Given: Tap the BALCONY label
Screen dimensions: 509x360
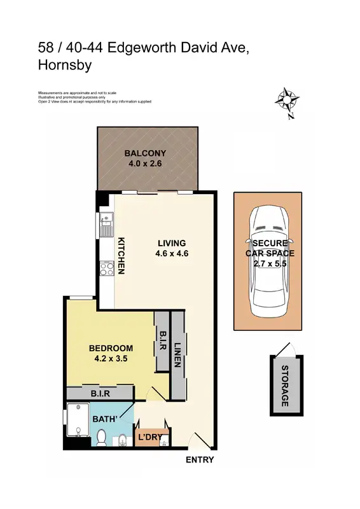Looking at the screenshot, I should coord(145,153).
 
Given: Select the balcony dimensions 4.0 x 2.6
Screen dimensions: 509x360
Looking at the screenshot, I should coord(145,164).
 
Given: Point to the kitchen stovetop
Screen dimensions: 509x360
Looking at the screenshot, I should coord(104,269).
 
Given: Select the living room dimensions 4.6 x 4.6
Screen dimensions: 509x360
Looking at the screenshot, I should coord(172,253).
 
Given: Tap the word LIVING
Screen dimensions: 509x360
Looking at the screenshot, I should coord(172,243).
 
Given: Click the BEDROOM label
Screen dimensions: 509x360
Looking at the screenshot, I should coord(111,348).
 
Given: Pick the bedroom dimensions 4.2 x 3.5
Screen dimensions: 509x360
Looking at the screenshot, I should coord(111,358).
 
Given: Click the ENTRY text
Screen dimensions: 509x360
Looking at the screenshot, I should coord(199,460).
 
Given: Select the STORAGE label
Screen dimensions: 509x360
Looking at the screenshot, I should coord(285,386).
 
